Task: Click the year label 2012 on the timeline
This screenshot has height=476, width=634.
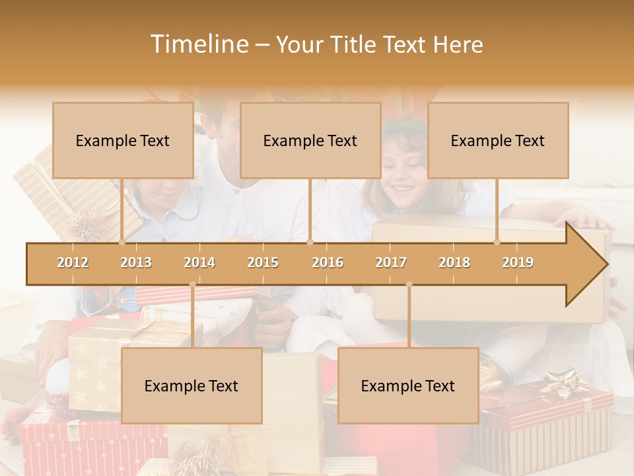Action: [73, 262]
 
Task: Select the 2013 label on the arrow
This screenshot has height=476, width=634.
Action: [136, 262]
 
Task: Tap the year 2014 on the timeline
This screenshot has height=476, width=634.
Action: [199, 262]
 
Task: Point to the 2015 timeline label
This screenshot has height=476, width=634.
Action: [263, 262]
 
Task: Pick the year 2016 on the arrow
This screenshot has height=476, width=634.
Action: [328, 262]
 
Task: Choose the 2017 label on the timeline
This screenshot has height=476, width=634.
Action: [391, 262]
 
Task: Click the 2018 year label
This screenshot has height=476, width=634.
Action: [454, 262]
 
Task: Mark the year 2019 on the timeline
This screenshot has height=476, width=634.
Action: [518, 262]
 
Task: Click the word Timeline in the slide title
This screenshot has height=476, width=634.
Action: [199, 44]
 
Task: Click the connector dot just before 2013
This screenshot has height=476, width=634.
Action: [122, 243]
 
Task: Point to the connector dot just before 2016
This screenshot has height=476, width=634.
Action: [310, 243]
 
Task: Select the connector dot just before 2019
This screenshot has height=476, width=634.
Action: [497, 243]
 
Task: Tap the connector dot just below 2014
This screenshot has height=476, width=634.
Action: [192, 284]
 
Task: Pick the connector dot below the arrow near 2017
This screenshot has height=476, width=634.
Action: [409, 284]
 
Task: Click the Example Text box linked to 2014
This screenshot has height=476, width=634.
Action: [192, 385]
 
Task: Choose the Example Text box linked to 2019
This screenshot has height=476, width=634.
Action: [498, 140]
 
